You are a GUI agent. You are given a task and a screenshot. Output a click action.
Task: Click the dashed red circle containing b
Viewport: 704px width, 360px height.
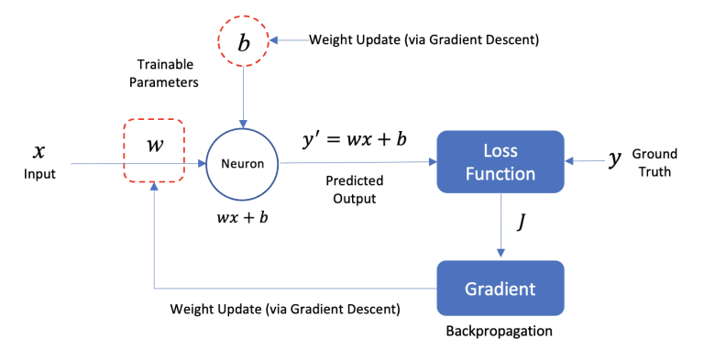tap(243, 41)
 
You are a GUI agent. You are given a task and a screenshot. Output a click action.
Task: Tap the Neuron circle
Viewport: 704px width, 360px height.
tap(242, 163)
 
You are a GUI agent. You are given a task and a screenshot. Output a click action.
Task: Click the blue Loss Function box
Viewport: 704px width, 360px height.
tap(500, 161)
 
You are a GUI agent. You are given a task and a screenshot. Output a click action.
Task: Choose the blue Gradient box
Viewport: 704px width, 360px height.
tap(500, 289)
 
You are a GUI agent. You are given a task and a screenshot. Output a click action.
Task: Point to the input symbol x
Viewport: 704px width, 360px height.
tap(38, 150)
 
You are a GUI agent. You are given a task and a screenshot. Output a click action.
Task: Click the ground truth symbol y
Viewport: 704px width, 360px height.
tap(615, 159)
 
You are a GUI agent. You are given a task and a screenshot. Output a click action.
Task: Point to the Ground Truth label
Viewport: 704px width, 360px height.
tap(654, 162)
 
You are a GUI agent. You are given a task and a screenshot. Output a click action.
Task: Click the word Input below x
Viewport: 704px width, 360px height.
tap(38, 172)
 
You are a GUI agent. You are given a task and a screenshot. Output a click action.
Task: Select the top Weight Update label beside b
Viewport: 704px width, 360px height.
tap(423, 40)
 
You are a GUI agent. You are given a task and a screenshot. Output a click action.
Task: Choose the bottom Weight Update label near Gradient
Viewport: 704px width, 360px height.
tap(284, 309)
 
